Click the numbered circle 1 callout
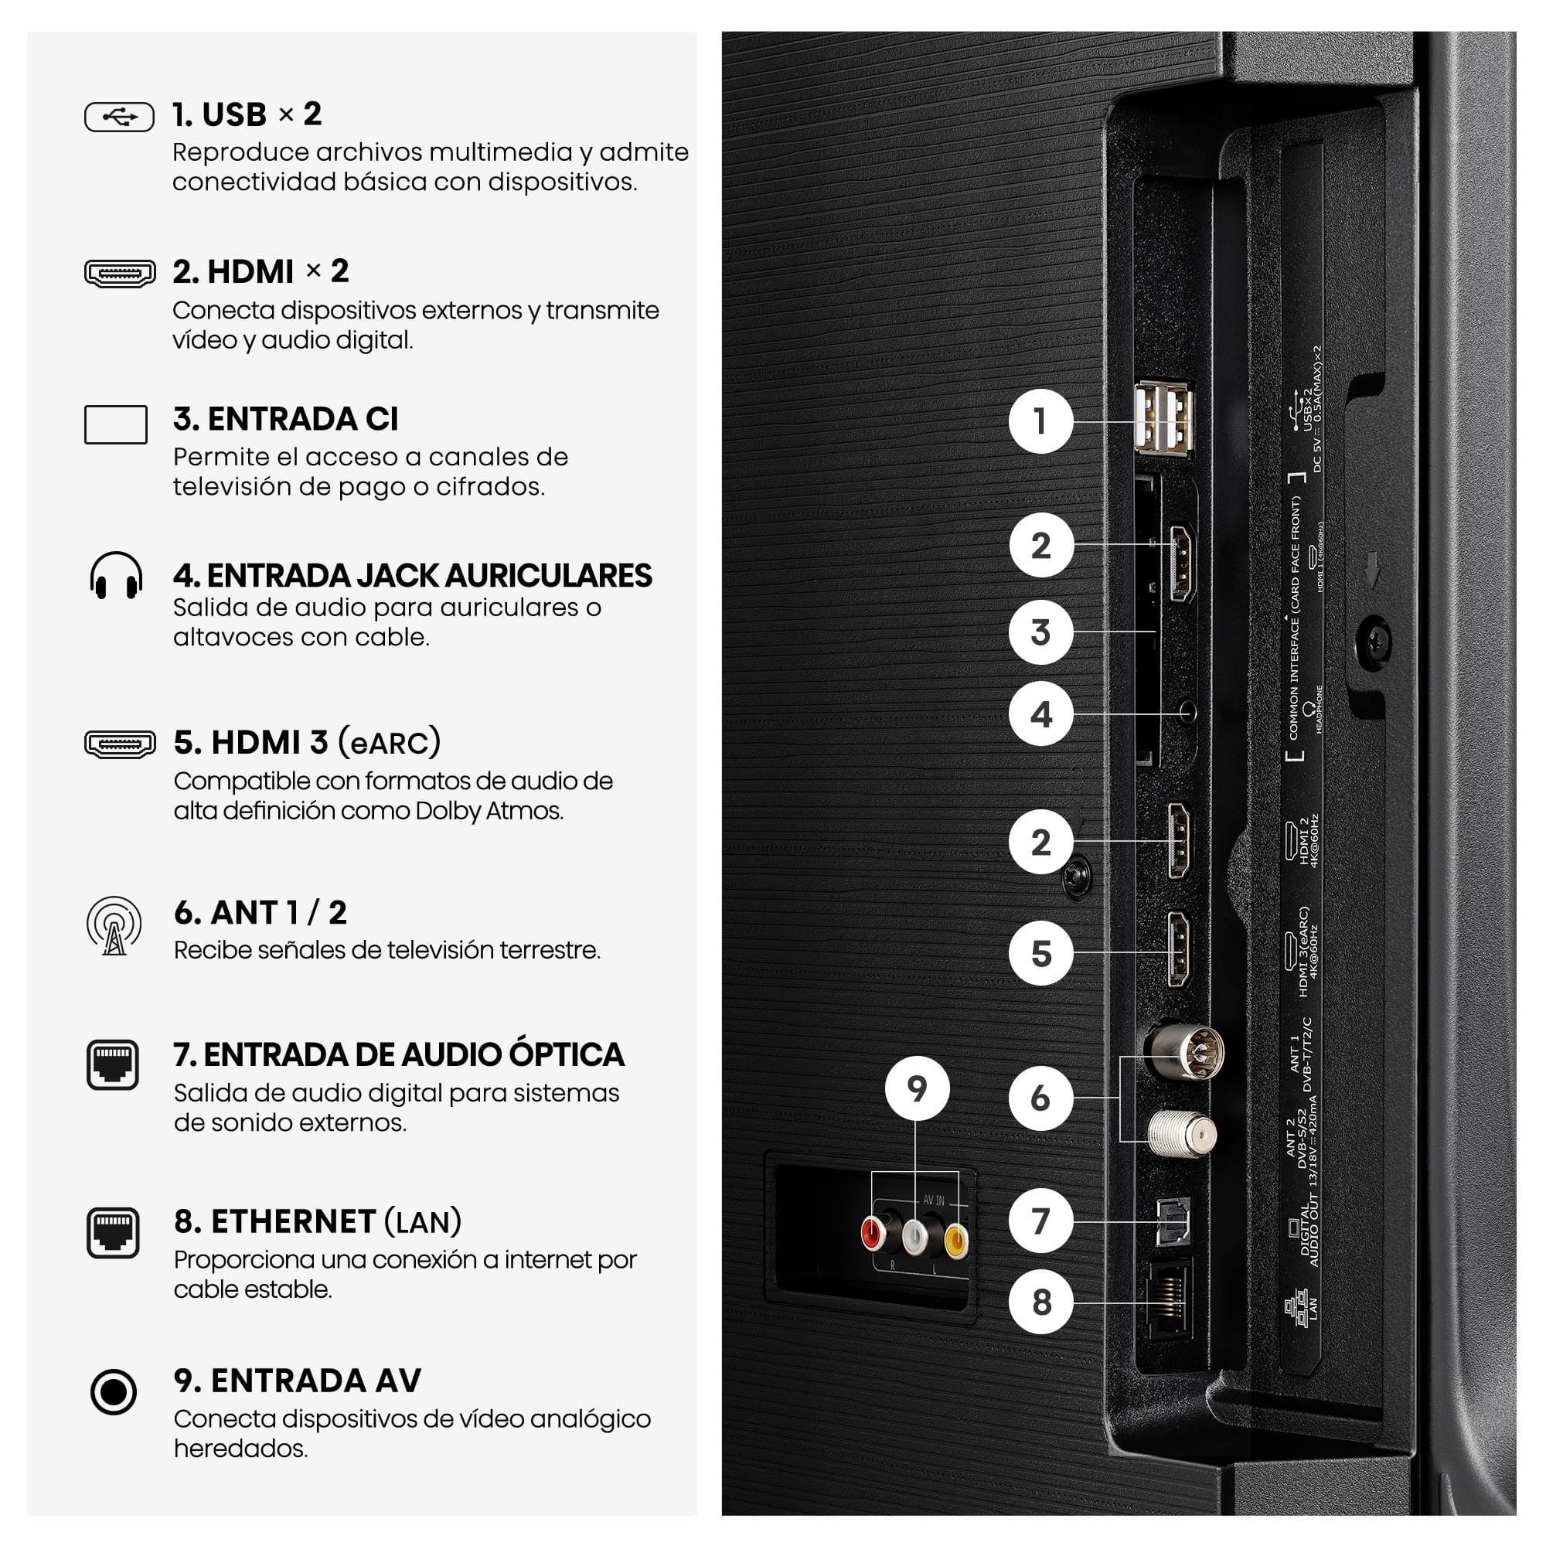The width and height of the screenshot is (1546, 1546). click(1040, 421)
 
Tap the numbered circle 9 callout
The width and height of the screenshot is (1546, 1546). click(917, 1088)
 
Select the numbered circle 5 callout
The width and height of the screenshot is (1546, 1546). click(1040, 953)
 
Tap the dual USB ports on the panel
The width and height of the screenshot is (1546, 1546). click(1164, 417)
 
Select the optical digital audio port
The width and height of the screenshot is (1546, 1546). click(1173, 1222)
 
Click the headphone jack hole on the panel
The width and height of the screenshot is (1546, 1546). click(1188, 710)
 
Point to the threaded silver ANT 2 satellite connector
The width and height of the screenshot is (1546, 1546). click(1182, 1134)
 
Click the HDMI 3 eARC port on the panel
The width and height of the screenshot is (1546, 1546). click(1178, 949)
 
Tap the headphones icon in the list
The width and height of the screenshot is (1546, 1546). click(116, 575)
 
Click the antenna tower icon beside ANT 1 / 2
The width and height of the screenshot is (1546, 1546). click(114, 926)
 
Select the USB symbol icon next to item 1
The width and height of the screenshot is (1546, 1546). click(119, 117)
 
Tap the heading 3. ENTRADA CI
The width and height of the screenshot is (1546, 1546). click(286, 419)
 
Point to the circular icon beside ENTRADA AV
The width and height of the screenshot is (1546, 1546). click(114, 1392)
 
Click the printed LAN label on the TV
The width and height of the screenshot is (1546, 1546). click(1313, 1309)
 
